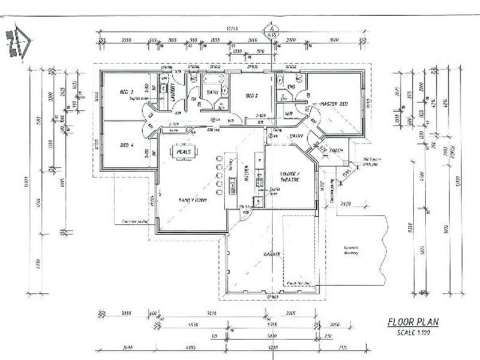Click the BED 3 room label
126,92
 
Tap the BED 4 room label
126,145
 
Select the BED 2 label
251,95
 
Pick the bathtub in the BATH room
212,79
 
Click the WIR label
289,113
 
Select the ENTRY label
296,137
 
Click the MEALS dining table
184,152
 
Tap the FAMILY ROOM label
192,199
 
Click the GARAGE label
272,254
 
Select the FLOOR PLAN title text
413,322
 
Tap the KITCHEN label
247,175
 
